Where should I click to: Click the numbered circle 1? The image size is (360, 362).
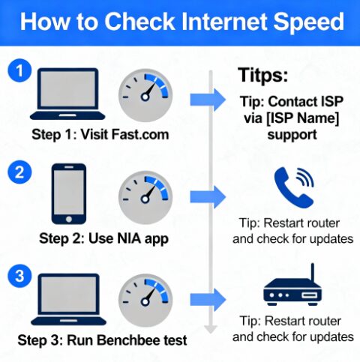point(19,70)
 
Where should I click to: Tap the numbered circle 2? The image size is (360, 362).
point(19,172)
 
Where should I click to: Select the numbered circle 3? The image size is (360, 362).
point(19,276)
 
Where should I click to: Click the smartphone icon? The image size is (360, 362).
point(69,194)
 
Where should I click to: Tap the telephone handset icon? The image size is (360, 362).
point(294,188)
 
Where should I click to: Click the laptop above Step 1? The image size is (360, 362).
point(67,94)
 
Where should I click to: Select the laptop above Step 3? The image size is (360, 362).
point(68,300)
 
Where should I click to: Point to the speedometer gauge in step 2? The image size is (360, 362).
point(145,197)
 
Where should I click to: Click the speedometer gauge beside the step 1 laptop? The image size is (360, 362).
point(145,95)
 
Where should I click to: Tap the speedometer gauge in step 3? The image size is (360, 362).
point(145,300)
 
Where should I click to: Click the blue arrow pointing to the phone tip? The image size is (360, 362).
point(208,197)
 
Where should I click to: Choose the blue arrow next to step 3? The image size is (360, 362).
point(208,300)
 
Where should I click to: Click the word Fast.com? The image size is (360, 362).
point(140,134)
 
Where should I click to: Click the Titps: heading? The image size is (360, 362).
point(262,75)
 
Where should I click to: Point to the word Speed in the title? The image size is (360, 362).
point(309,22)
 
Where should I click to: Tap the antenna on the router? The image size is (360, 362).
point(312,272)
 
